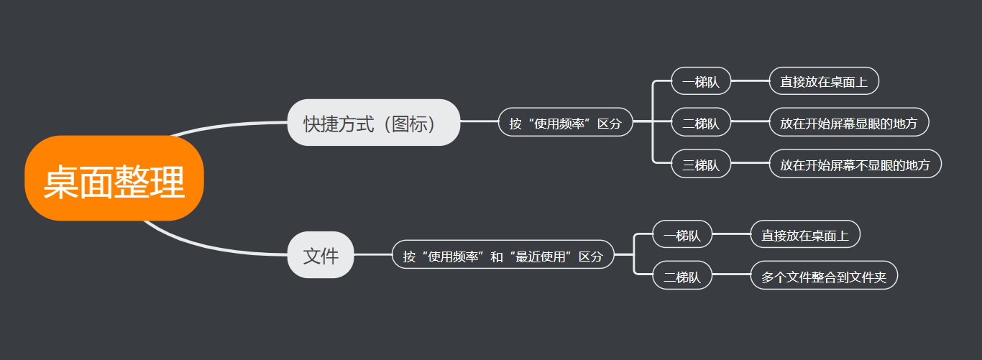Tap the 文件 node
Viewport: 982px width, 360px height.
click(321, 255)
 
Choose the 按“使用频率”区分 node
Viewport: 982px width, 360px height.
click(566, 123)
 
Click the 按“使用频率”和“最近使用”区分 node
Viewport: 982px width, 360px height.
click(503, 255)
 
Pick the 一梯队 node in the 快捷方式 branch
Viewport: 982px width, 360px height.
click(701, 81)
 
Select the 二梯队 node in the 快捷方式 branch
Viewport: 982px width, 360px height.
click(701, 123)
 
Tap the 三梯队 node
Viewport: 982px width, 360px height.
click(701, 165)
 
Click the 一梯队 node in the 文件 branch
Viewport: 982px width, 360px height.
click(682, 234)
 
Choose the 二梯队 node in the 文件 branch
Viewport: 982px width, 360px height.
click(682, 277)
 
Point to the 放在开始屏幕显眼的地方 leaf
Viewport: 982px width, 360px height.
click(849, 123)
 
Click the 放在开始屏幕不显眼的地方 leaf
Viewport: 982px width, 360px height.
click(855, 165)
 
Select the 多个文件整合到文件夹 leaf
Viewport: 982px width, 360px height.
click(824, 277)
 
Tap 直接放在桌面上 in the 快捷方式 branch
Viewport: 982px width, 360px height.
click(824, 81)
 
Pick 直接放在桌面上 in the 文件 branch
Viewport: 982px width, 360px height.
click(805, 234)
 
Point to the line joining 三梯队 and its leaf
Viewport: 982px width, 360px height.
click(750, 164)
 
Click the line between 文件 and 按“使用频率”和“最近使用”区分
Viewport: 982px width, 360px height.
click(373, 254)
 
